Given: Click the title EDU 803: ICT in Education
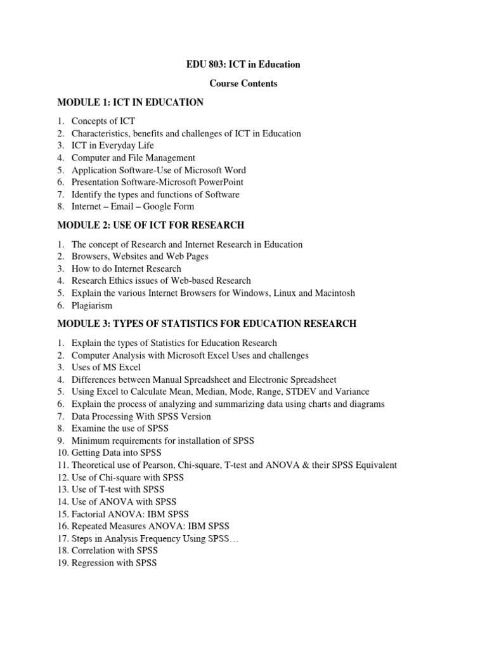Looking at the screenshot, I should [243, 64].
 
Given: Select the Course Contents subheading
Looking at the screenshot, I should [243, 83].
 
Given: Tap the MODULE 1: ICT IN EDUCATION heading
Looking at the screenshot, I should [130, 102].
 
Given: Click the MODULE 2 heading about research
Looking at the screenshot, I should [150, 225].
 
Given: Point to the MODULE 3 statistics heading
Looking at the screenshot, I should [207, 324].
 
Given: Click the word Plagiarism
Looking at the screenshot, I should [92, 305].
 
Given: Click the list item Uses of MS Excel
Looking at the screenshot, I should [106, 368].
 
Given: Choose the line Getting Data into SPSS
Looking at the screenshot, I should [116, 453].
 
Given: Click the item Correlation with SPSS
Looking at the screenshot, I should [114, 551].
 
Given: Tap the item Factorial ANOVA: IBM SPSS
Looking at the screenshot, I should [130, 514].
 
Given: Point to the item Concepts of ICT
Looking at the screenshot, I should [103, 121].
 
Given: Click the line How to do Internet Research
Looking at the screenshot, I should [126, 269].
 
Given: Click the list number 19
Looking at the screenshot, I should [62, 563].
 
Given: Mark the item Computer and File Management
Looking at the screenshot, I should [133, 158].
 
